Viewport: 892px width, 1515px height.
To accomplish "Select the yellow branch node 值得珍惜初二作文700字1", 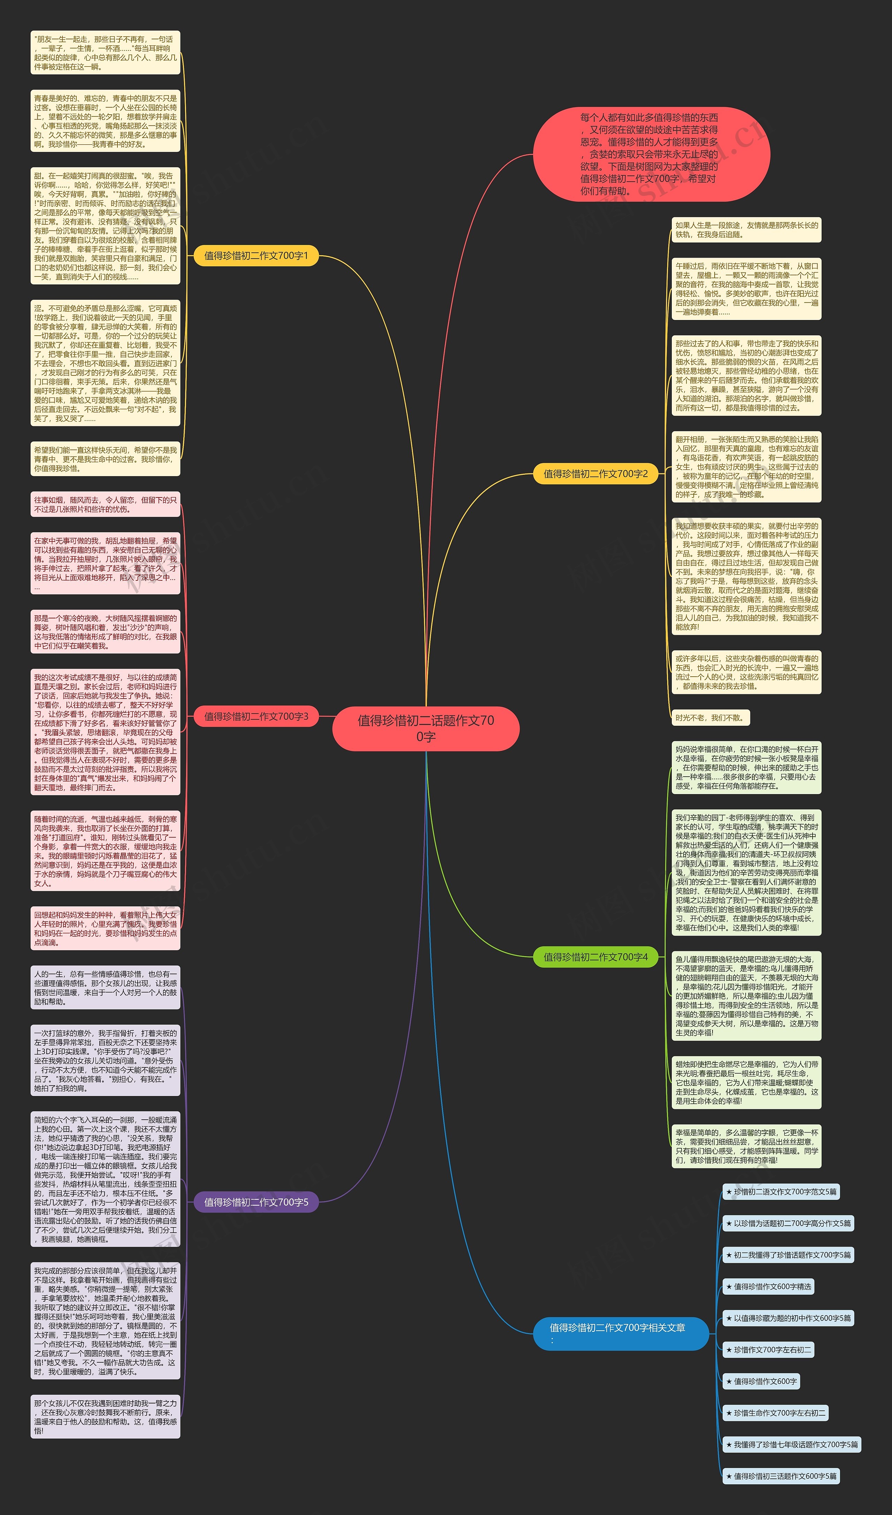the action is coord(256,256).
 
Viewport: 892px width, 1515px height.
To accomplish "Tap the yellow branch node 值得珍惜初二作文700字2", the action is coord(596,474).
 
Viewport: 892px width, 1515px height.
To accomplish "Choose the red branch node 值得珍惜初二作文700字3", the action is coord(256,716).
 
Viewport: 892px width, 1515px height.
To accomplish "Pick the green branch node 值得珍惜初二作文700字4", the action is coord(596,957).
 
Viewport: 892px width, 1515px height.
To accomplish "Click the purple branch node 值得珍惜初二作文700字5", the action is coord(256,1202).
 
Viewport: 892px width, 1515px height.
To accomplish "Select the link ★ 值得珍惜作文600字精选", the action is coord(768,1287).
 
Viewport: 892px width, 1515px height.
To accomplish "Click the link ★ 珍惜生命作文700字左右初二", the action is coord(775,1413).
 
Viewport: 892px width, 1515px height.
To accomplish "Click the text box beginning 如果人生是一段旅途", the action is coord(746,230).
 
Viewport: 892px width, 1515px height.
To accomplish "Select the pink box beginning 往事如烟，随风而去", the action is coord(105,504).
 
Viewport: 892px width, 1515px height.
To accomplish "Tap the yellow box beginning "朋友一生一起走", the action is coord(105,53).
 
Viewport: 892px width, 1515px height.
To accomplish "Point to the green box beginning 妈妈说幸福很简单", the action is coord(746,767).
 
